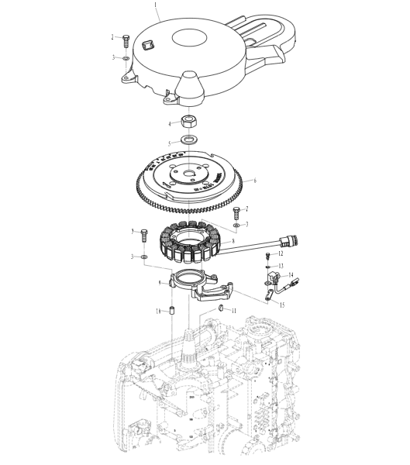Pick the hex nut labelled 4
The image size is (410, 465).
coord(188,121)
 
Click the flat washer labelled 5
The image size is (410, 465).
coord(188,140)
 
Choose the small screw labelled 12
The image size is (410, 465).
coord(267,253)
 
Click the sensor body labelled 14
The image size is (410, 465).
coord(274,277)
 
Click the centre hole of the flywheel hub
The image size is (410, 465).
coord(188,175)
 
